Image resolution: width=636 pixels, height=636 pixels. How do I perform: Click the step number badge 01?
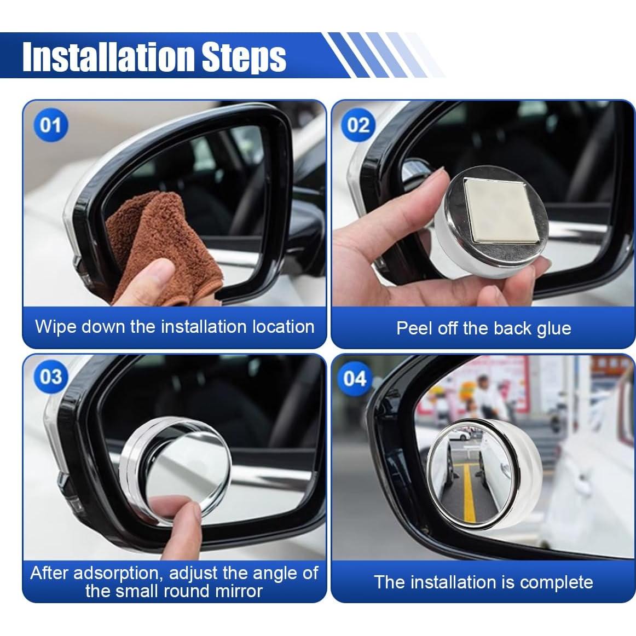[x=50, y=125]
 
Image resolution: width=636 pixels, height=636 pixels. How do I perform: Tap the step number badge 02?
[x=358, y=125]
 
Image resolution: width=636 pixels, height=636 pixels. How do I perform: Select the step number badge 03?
[x=50, y=377]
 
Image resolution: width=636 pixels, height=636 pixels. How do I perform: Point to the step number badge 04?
[x=354, y=379]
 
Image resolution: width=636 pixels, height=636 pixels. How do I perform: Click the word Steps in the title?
[x=244, y=57]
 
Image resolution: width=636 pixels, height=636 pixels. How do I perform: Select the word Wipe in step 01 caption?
[x=56, y=327]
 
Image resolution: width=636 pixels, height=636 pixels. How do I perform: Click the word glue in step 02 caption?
[x=554, y=329]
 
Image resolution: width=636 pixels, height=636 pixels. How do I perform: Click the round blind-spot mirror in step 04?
[x=484, y=475]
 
